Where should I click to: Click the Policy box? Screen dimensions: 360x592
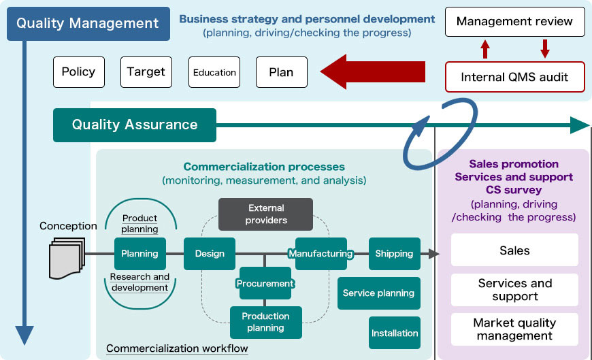click(x=79, y=72)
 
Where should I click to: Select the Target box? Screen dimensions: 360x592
click(x=146, y=72)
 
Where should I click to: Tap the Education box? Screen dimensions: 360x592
click(x=214, y=72)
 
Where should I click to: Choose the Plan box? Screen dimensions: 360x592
click(x=281, y=72)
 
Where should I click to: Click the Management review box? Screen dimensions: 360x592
click(x=514, y=22)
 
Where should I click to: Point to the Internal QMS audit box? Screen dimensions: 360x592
click(x=514, y=77)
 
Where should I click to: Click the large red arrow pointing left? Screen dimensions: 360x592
click(x=373, y=71)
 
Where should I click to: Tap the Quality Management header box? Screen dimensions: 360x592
click(x=88, y=23)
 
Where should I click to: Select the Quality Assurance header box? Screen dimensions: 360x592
click(x=135, y=125)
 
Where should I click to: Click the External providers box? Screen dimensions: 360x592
click(x=266, y=214)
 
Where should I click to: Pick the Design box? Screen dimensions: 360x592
click(x=210, y=254)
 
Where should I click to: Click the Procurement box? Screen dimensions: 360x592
click(x=265, y=283)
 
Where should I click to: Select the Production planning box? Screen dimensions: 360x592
click(x=265, y=322)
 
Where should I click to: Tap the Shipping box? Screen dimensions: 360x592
click(x=394, y=254)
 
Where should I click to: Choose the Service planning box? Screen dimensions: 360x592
click(x=378, y=293)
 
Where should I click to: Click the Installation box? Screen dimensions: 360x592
click(x=395, y=333)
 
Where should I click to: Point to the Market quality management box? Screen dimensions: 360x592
click(x=514, y=329)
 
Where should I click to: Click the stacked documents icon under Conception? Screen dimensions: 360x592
click(x=67, y=258)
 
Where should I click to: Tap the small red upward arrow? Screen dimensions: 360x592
click(x=485, y=49)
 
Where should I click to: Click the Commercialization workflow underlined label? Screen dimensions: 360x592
click(x=177, y=349)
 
